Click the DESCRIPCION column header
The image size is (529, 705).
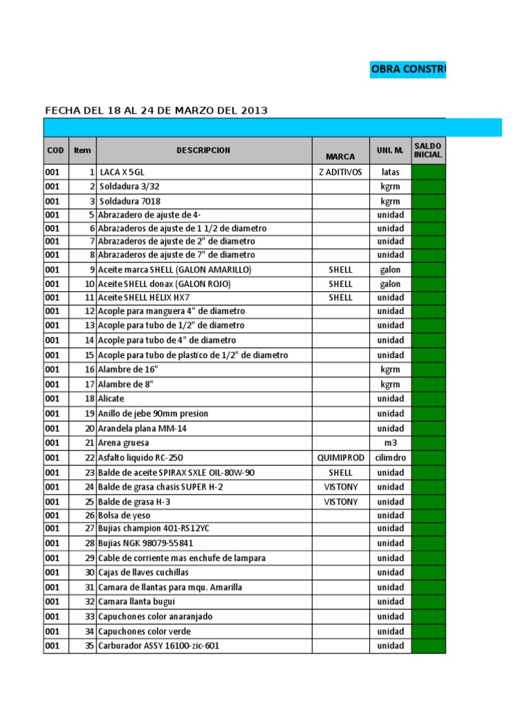pos(203,150)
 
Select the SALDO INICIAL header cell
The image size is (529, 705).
pos(428,150)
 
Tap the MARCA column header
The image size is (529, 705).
pos(340,156)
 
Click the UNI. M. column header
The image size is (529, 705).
pos(390,150)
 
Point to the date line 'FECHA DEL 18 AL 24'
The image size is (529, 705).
pos(156,110)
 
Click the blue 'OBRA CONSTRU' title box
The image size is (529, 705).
pos(408,69)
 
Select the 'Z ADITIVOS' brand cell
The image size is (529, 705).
pos(340,171)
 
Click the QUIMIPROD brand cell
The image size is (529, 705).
pos(340,458)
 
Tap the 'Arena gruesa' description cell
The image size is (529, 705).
pos(123,443)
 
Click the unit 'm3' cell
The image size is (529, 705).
pos(390,443)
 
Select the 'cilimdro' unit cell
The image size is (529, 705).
pos(390,458)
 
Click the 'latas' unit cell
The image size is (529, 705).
pos(390,171)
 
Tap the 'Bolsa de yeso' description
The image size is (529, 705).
pos(125,515)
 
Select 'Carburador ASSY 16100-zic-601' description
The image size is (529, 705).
pos(159,646)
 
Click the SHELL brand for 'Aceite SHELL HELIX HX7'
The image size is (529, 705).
pos(340,297)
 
